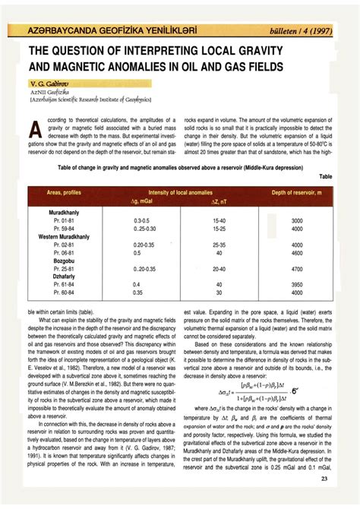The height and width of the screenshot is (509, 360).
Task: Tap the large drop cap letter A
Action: (33, 131)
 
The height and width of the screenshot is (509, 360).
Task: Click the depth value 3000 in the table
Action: (297, 221)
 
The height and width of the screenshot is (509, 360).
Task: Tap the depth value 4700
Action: (297, 268)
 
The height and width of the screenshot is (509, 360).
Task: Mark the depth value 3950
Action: (297, 283)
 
